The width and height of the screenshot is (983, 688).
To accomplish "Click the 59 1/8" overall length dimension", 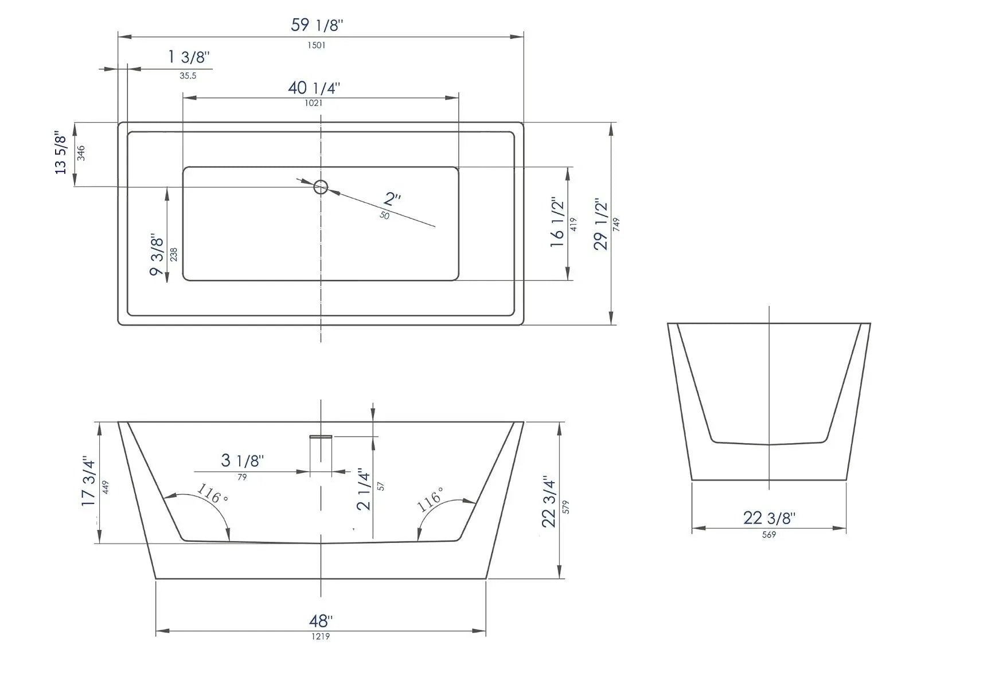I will click(x=317, y=25).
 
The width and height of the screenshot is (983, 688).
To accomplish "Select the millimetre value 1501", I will click(x=317, y=45).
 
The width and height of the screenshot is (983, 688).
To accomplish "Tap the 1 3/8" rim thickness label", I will click(x=189, y=57).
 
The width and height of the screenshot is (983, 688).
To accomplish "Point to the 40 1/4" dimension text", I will click(x=314, y=88).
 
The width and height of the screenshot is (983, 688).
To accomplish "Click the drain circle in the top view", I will click(x=321, y=187).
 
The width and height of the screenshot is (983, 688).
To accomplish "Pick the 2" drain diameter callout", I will click(x=392, y=200).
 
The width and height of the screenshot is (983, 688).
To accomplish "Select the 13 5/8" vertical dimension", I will click(x=61, y=153).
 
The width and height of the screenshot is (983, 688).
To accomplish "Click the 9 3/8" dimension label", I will click(x=157, y=255).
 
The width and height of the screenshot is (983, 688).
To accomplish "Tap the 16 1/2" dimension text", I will click(x=557, y=223).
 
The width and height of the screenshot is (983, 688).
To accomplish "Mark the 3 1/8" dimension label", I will click(x=243, y=460).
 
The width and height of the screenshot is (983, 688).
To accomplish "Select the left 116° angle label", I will click(x=212, y=494).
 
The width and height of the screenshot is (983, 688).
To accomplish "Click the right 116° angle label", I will click(x=430, y=500).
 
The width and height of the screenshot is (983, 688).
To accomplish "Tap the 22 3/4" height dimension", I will click(x=549, y=502).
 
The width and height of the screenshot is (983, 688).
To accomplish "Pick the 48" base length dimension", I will click(x=321, y=621).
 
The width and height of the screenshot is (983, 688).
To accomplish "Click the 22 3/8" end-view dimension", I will click(x=769, y=518).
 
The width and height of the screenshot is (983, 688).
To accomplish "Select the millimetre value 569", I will click(x=769, y=535).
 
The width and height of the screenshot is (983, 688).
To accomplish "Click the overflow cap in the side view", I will click(x=321, y=436).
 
